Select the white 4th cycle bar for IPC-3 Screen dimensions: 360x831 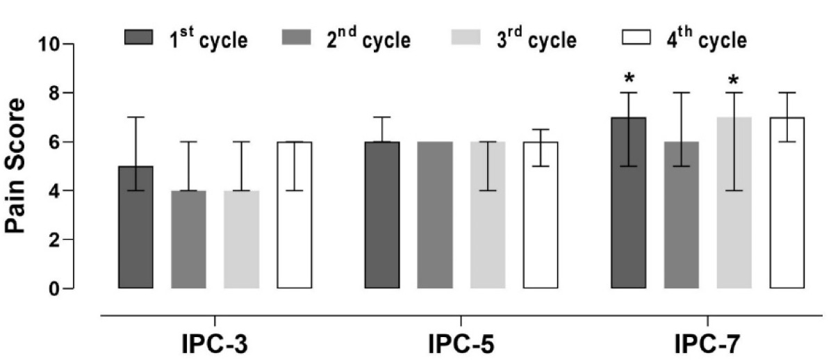[295, 215]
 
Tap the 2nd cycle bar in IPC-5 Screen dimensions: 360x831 [434, 215]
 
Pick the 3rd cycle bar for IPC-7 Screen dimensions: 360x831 [734, 202]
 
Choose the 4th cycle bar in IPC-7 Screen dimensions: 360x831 [787, 202]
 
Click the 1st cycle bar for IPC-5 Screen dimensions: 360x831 [382, 215]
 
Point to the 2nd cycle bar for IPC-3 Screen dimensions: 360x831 [189, 239]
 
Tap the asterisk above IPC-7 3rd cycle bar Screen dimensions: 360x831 [734, 81]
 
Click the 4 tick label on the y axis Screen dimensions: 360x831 [54, 191]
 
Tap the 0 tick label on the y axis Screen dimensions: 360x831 [54, 288]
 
